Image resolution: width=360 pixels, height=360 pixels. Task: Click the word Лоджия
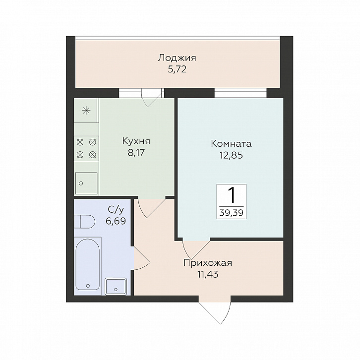coord(177,58)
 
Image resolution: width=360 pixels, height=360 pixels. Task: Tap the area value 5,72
coord(177,69)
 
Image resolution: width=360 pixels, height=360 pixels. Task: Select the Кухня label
coord(136,141)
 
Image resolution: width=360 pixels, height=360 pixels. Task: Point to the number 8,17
coord(136,152)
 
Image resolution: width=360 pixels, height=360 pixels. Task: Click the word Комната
coord(231,144)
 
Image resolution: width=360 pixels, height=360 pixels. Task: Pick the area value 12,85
coord(231,155)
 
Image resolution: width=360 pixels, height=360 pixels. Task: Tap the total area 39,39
coord(232,213)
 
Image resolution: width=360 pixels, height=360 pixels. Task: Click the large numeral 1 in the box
coord(232,195)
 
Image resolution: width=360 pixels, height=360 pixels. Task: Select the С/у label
coord(116,209)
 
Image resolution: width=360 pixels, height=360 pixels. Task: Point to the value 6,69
coord(116,221)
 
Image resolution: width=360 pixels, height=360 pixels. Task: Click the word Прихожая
coord(208,263)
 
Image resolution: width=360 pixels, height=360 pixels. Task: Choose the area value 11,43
coord(208,274)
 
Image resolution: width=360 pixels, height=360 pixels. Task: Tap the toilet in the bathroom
coord(84,222)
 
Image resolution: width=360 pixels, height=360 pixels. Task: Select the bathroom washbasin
coord(116,287)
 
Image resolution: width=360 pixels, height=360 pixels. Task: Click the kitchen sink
coord(86,183)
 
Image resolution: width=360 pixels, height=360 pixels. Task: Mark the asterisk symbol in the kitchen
coord(86,111)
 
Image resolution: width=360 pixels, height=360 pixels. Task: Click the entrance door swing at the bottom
coord(215,310)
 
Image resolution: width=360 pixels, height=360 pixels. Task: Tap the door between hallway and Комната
coord(196,249)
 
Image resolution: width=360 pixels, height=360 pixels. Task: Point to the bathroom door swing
coord(142,258)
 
